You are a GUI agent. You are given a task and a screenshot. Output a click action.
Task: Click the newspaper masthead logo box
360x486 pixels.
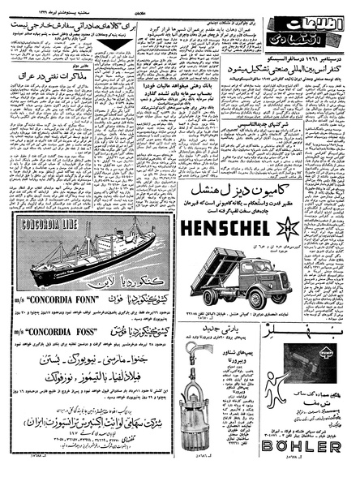tap(324, 42)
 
